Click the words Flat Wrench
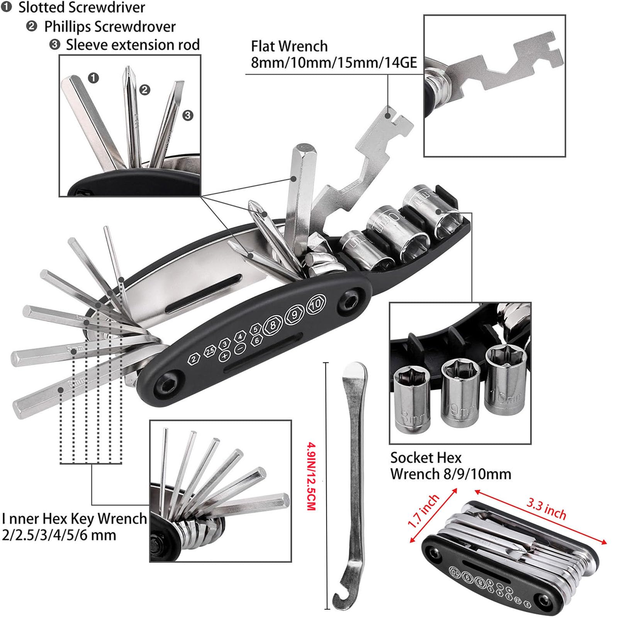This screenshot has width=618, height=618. [x=289, y=46]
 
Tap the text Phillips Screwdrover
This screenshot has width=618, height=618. [x=110, y=27]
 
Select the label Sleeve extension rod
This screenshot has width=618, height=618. [x=132, y=45]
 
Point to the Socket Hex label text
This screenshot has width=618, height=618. [x=426, y=458]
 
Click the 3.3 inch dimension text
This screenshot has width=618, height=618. [x=546, y=508]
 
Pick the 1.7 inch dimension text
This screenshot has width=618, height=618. [x=424, y=511]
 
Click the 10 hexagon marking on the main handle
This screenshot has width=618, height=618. [x=316, y=304]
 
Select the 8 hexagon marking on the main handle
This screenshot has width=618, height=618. [x=273, y=325]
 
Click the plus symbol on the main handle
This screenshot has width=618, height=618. [x=224, y=356]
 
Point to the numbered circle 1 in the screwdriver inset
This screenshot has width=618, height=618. [x=93, y=78]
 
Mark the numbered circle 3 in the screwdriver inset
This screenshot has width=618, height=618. [x=188, y=115]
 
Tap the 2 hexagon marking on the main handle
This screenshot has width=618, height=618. [x=194, y=358]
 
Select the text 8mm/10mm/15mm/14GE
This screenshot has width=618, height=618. [x=334, y=63]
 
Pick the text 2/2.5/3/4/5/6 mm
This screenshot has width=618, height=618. [x=59, y=535]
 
